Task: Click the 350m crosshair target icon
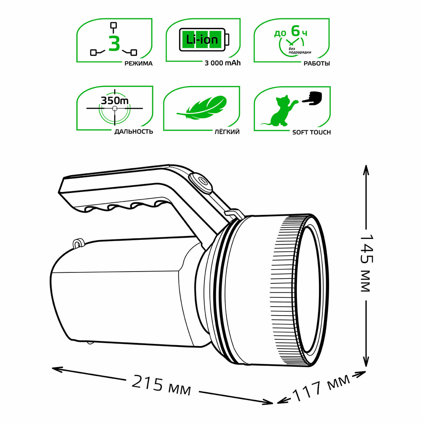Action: (x=114, y=109)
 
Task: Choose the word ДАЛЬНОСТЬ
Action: (x=134, y=132)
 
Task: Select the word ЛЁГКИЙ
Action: (x=227, y=132)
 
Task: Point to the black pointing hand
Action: (x=313, y=99)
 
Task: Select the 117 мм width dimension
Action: (x=322, y=387)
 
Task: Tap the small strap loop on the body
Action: (x=78, y=244)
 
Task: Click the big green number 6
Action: (x=295, y=30)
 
